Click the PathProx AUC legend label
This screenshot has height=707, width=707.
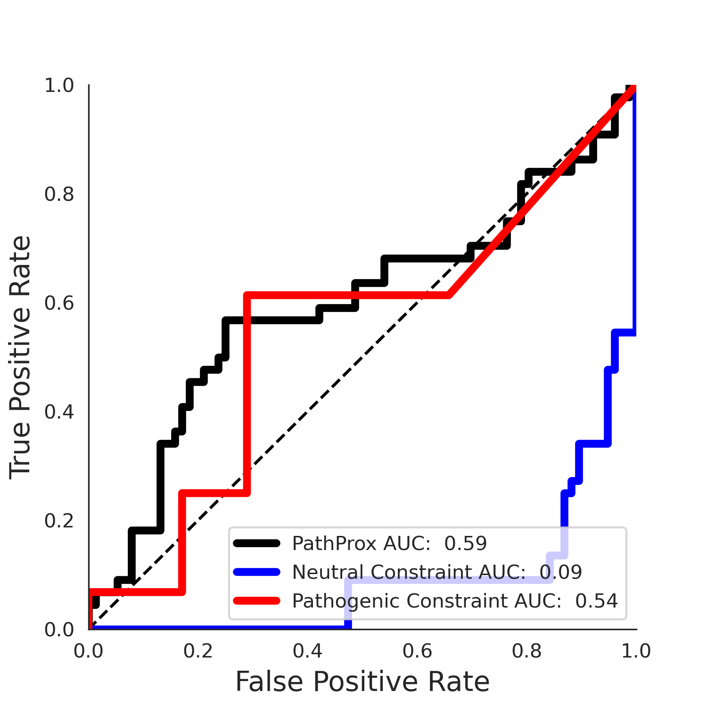pos(389,543)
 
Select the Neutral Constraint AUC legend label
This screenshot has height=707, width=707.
pos(437,572)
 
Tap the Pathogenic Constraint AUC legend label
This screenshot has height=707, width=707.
pos(455,601)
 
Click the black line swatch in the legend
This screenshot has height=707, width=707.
pos(257,543)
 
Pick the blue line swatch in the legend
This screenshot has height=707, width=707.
pos(257,572)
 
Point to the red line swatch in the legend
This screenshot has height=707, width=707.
pos(257,601)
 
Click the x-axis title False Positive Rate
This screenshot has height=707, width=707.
pos(362,682)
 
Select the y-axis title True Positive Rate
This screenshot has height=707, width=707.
pos(21,357)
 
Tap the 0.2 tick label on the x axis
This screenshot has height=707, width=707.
pos(198,651)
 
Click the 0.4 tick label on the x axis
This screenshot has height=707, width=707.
pos(308,651)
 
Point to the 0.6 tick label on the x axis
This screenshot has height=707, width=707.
pos(417,651)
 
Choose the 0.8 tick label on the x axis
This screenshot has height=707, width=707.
pos(526,651)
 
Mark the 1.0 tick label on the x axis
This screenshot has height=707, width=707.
pos(636,651)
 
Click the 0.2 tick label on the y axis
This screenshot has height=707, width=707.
pos(59,521)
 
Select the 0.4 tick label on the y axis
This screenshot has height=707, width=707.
pos(59,412)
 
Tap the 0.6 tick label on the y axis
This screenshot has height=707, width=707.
pos(59,303)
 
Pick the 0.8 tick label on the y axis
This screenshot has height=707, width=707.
pos(59,194)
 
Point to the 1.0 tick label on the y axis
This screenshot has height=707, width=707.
pos(59,85)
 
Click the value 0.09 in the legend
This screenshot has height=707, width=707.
pos(561,572)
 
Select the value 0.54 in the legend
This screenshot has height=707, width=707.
pos(597,601)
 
